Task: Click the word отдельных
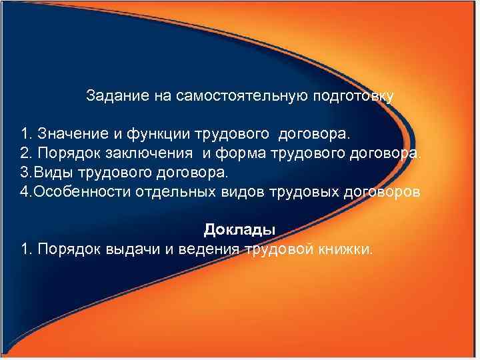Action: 165,192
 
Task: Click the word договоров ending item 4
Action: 381,192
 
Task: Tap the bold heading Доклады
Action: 239,230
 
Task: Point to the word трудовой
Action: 279,249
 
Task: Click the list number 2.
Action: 27,155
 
